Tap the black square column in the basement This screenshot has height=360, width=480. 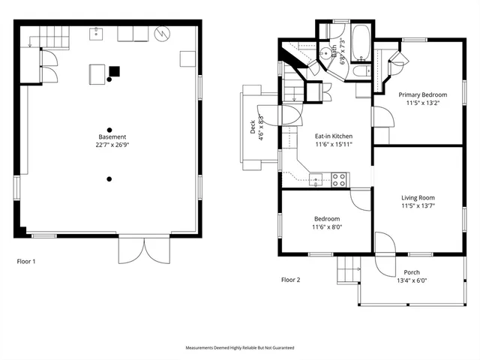(114, 72)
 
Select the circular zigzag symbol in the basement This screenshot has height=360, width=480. (163, 34)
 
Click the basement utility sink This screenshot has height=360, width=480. (97, 33)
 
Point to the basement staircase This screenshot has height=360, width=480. (44, 34)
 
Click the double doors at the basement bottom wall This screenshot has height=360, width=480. (139, 250)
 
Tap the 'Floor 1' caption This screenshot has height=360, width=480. (26, 262)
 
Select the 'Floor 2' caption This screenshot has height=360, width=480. (290, 280)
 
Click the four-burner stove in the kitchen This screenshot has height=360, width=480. (339, 179)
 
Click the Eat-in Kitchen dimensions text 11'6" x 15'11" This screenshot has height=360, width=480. (333, 144)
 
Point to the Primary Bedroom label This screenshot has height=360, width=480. (422, 94)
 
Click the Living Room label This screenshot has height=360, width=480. (418, 198)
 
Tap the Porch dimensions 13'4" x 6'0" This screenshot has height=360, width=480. (412, 280)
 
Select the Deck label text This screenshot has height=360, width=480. (252, 128)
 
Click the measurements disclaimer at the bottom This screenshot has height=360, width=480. (240, 348)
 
